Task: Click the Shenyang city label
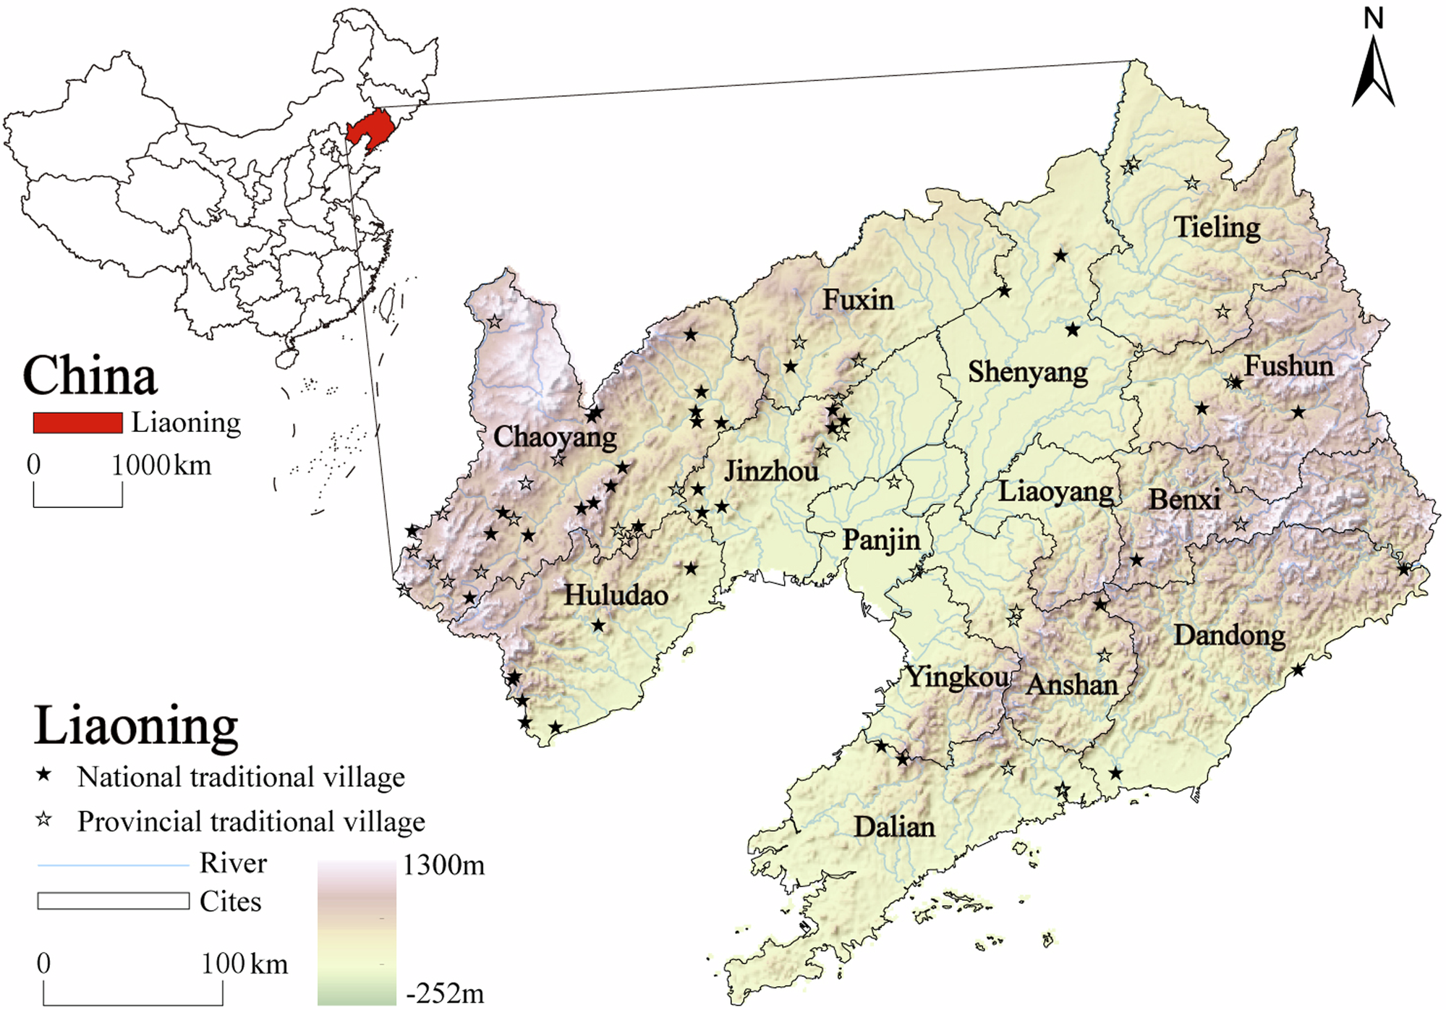click(x=1027, y=373)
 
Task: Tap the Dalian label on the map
click(x=894, y=827)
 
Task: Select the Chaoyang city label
click(x=555, y=437)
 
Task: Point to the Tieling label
click(x=1217, y=228)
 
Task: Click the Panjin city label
click(x=881, y=540)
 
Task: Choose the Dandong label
click(x=1229, y=635)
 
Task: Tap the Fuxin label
click(x=858, y=300)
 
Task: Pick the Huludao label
click(x=616, y=595)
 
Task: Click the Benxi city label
click(x=1184, y=499)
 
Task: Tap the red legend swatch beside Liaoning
click(x=77, y=423)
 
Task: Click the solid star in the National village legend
click(x=45, y=776)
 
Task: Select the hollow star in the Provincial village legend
click(x=45, y=820)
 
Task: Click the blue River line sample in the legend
click(x=112, y=865)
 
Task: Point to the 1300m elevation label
click(x=443, y=865)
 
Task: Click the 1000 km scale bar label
click(x=161, y=465)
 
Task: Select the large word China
click(x=90, y=376)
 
